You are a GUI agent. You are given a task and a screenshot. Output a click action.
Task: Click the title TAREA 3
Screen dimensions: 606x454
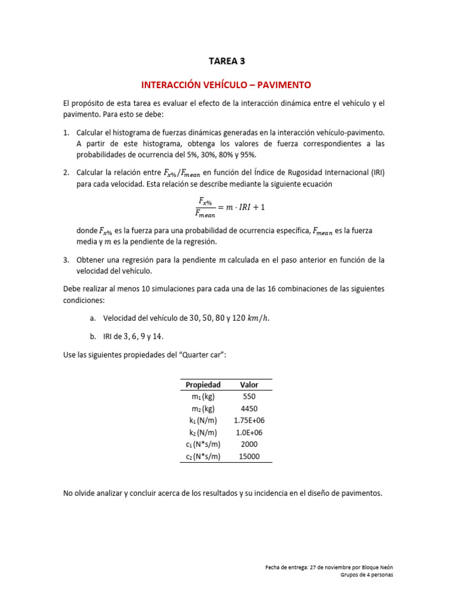point(226,60)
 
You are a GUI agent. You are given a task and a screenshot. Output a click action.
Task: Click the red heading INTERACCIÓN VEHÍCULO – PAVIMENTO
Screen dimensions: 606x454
point(226,85)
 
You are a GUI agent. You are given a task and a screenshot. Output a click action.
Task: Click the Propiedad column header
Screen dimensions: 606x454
point(203,385)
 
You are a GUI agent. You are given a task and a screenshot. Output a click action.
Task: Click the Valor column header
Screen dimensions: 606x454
point(249,385)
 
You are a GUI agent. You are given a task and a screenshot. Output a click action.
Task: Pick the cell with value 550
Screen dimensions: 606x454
point(249,397)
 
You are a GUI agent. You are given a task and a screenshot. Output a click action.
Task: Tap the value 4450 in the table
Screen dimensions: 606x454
point(249,408)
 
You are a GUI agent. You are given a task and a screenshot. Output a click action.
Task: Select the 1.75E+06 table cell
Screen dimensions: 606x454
point(249,420)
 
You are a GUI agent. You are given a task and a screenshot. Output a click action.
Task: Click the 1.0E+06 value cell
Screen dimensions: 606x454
point(249,432)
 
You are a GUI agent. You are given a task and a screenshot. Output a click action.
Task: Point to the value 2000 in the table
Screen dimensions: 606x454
point(249,444)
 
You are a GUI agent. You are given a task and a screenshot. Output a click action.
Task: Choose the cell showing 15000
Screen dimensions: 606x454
point(249,456)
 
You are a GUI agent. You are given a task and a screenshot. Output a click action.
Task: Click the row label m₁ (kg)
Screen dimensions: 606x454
point(203,397)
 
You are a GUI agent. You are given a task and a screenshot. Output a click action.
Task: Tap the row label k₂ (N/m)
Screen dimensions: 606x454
point(203,432)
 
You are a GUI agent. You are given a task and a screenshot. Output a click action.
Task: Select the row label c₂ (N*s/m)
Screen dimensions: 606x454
point(203,456)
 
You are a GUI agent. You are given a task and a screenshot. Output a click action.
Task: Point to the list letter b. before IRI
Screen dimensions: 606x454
point(93,336)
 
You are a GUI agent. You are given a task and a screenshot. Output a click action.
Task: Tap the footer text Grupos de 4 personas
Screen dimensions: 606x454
point(367,575)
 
